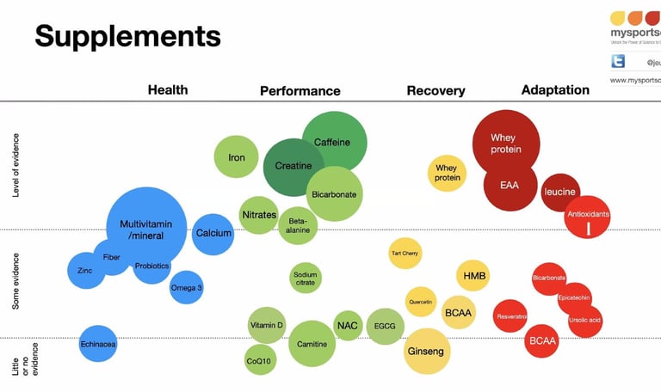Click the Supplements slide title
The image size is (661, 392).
[127, 36]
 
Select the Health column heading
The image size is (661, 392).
[167, 89]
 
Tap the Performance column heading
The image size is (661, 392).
[300, 90]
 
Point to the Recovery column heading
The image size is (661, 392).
[436, 90]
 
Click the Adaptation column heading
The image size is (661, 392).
[555, 89]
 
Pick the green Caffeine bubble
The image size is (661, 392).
[334, 140]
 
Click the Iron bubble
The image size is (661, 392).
[236, 157]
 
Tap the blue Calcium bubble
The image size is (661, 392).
[213, 233]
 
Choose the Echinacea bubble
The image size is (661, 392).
[97, 344]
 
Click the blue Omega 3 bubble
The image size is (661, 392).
[186, 288]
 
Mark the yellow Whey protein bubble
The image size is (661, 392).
[447, 173]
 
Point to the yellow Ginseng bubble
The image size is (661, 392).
[427, 352]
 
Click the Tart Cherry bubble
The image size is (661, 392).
[405, 254]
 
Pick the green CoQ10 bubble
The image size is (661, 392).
[260, 361]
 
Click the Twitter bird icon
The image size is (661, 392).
[618, 61]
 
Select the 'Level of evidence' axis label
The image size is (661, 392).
[16, 165]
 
